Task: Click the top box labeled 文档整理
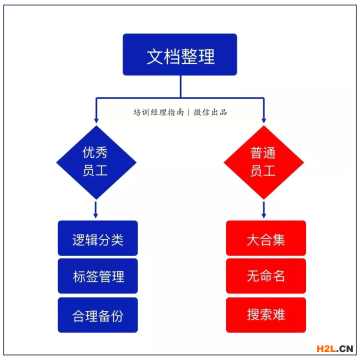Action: point(180,54)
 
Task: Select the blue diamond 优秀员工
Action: point(96,162)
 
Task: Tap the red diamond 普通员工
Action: point(264,162)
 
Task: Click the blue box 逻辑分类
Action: point(98,238)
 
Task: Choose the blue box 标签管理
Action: point(98,276)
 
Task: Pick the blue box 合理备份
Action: point(98,315)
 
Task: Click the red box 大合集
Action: point(266,238)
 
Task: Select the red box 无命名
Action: point(266,276)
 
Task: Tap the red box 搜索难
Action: point(266,315)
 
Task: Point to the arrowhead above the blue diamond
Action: point(96,121)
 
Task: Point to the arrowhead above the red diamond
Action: point(264,121)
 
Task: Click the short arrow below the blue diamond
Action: point(95,210)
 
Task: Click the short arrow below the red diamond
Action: point(264,210)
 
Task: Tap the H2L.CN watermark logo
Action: point(334,349)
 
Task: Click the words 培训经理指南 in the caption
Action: point(158,112)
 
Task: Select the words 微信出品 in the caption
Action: point(210,112)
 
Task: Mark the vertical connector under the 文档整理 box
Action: point(180,86)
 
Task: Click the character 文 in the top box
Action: point(155,56)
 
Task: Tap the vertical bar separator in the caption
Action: point(188,112)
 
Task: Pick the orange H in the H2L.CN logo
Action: point(320,349)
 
